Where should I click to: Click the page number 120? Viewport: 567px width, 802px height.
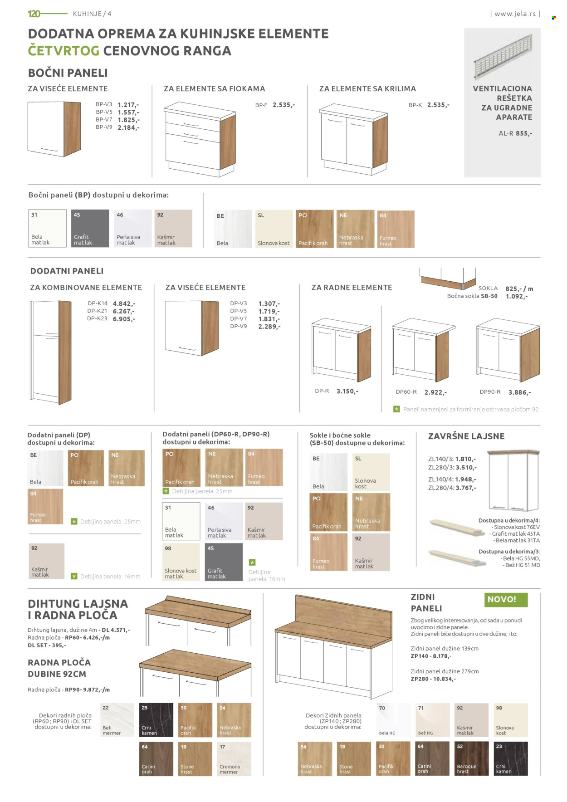click(34, 14)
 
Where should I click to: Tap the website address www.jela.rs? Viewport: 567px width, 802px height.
click(515, 14)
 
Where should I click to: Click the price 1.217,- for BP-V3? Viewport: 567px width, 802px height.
click(128, 105)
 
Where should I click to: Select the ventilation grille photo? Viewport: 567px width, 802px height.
click(502, 57)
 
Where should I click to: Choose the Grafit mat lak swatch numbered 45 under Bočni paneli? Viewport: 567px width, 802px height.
click(90, 228)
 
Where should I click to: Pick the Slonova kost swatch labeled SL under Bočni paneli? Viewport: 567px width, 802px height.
click(274, 229)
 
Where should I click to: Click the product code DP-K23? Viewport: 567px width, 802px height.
click(97, 318)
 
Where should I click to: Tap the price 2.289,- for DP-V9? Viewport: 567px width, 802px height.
click(269, 326)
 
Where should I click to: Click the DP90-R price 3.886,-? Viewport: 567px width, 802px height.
click(519, 392)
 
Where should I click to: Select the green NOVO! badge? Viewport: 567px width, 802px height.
click(506, 599)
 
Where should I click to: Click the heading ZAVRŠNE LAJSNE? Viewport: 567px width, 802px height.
click(466, 436)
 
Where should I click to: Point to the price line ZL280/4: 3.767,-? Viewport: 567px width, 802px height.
click(452, 488)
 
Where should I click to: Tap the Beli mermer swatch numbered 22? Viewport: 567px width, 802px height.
click(117, 720)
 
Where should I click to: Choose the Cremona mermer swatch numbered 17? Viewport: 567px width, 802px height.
click(234, 759)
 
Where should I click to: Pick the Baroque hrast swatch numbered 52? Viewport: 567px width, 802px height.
click(472, 758)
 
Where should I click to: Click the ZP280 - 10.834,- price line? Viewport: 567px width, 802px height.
click(433, 679)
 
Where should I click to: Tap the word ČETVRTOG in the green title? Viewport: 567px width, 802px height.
click(64, 51)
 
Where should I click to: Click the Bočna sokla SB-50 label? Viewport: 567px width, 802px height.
click(472, 296)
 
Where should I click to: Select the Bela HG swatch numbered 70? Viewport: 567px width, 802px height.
click(393, 720)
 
